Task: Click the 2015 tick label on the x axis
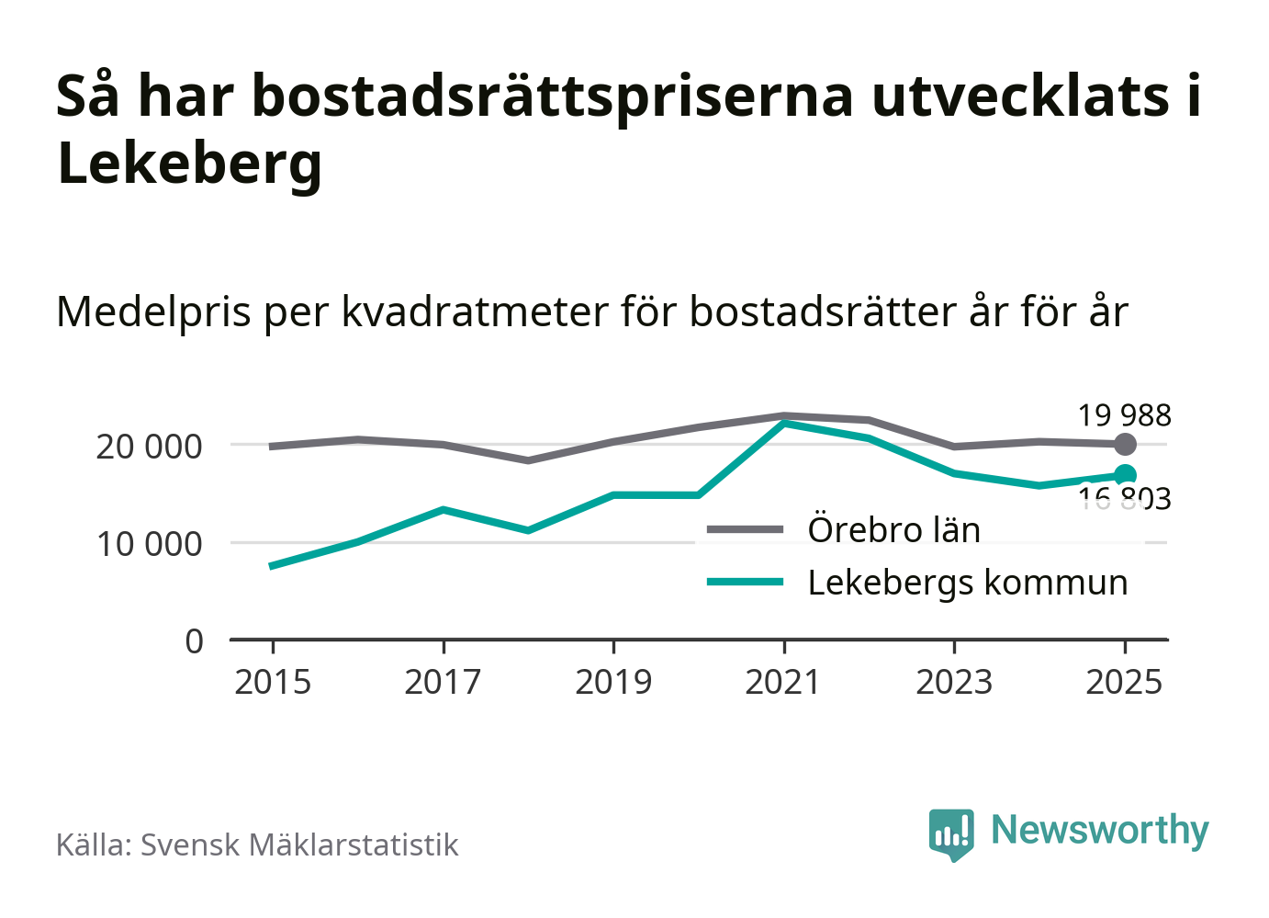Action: tap(273, 683)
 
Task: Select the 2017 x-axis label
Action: tap(443, 683)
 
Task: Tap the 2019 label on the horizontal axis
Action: tap(613, 683)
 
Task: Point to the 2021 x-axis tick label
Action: tap(783, 683)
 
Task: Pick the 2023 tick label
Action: tap(954, 683)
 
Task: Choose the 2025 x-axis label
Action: tap(1124, 683)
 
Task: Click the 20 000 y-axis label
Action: tap(149, 447)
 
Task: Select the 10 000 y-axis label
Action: tap(149, 544)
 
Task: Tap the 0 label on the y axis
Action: tap(194, 641)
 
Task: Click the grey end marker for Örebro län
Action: tap(1125, 445)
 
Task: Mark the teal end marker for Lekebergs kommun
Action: tap(1125, 475)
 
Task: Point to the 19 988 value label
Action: tap(1124, 415)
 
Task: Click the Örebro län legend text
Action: tap(893, 530)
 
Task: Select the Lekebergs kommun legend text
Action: tap(967, 583)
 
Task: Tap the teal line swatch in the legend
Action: tap(745, 582)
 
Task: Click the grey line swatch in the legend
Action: tap(745, 530)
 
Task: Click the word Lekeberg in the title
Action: tap(189, 164)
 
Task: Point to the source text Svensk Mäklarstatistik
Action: tap(298, 845)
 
